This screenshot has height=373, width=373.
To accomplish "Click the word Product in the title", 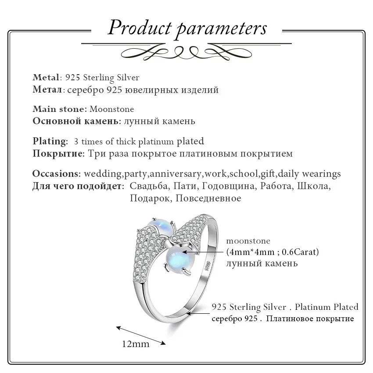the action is pyautogui.click(x=140, y=28).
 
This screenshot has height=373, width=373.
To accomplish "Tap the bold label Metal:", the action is pyautogui.click(x=47, y=77).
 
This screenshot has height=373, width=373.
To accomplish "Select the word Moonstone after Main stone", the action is pyautogui.click(x=111, y=109).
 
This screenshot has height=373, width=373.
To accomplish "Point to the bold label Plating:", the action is pyautogui.click(x=50, y=142).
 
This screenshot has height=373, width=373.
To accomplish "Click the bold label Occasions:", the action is pyautogui.click(x=57, y=174).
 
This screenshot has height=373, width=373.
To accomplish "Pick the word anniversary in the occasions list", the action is pyautogui.click(x=176, y=174).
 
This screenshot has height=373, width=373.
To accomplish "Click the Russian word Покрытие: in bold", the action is pyautogui.click(x=58, y=154).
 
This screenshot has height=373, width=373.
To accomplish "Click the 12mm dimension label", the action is pyautogui.click(x=136, y=344).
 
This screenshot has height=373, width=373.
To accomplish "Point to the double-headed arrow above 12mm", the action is pyautogui.click(x=140, y=335).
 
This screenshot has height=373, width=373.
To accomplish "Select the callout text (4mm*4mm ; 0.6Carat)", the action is pyautogui.click(x=273, y=252).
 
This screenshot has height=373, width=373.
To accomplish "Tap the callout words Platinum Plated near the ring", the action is pyautogui.click(x=326, y=307).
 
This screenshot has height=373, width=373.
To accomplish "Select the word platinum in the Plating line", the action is pyautogui.click(x=156, y=142).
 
